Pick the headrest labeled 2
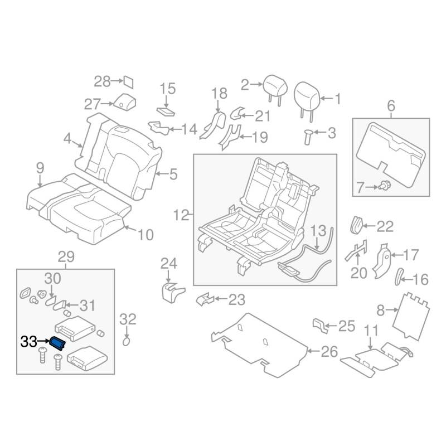(273, 86)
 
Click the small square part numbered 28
(128, 82)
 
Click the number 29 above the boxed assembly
(66, 258)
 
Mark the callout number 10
(144, 235)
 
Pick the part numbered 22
(356, 224)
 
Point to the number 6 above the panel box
(390, 105)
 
